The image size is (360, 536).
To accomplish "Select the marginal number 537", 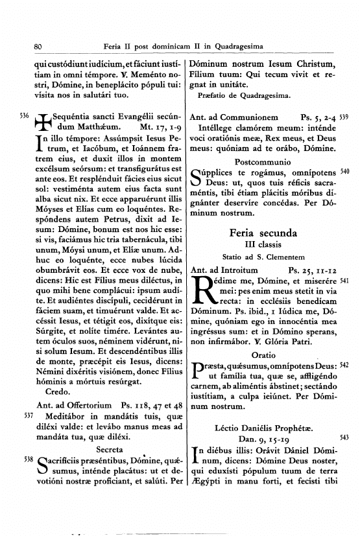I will pos(27,414).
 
